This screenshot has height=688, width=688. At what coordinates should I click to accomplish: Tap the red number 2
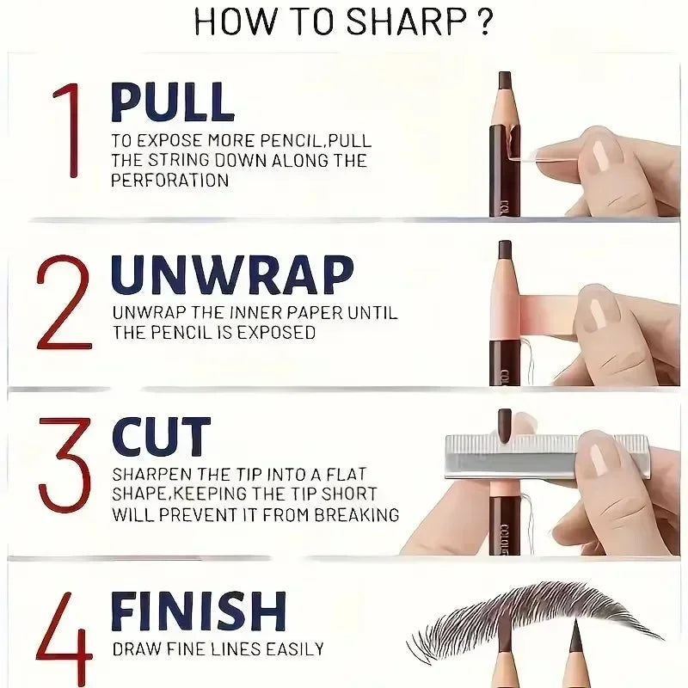(64, 302)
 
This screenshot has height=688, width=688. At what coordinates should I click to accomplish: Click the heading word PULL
(172, 102)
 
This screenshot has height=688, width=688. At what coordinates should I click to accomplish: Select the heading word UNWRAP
(232, 275)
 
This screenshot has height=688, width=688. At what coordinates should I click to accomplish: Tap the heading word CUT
(161, 437)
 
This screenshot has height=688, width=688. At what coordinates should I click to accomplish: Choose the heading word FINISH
(198, 611)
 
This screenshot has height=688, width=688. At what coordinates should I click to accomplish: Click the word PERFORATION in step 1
(169, 181)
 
